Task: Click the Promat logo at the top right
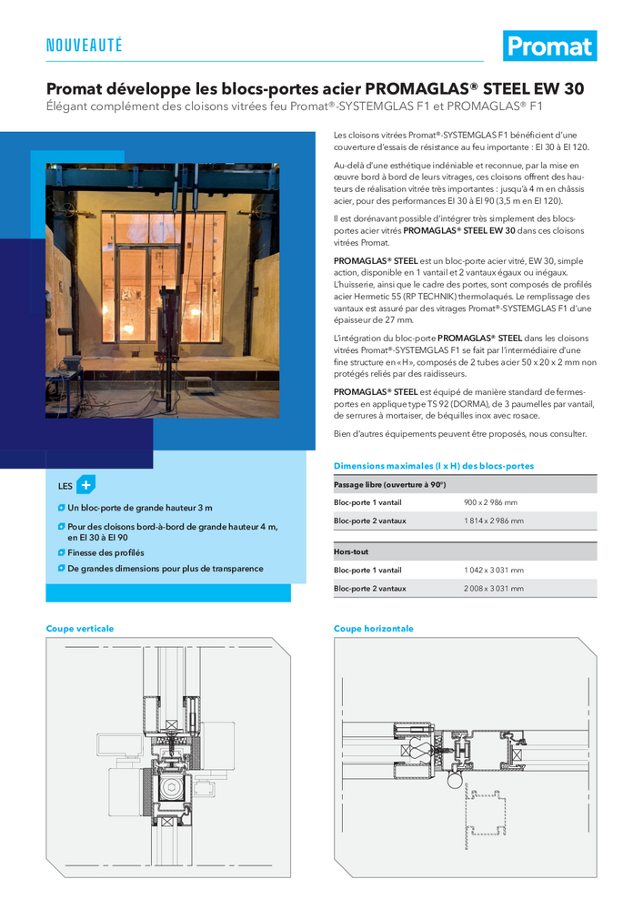(549, 45)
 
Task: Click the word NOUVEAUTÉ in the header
(84, 45)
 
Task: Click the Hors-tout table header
(351, 551)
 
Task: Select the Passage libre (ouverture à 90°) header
(389, 484)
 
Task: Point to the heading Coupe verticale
(80, 629)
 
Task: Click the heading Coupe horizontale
(373, 629)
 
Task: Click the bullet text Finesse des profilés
(105, 552)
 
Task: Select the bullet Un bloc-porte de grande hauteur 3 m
(140, 508)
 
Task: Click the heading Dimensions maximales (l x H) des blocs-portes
(434, 466)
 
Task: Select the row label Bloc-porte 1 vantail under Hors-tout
(367, 571)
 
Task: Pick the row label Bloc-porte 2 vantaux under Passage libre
(369, 521)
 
